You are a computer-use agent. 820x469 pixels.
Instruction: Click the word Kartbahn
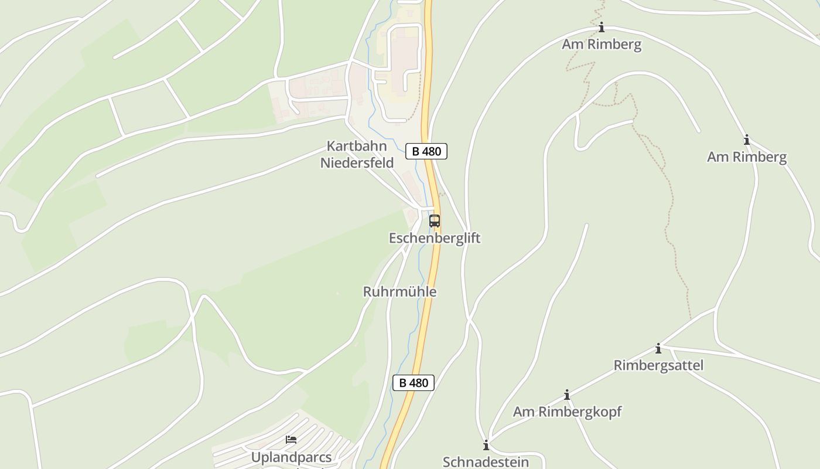tap(357, 146)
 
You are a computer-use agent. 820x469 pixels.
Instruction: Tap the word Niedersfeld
tap(357, 162)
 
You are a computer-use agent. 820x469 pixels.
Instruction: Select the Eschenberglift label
tap(435, 238)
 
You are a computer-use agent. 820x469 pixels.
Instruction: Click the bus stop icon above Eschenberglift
tap(434, 221)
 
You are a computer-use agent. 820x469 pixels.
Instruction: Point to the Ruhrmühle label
tap(399, 291)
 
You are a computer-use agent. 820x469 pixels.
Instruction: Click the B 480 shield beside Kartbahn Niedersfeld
tap(426, 151)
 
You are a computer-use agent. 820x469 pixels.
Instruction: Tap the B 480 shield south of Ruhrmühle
tap(414, 383)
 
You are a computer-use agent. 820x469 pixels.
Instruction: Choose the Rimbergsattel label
tap(658, 365)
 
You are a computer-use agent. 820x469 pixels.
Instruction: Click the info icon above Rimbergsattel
tap(658, 349)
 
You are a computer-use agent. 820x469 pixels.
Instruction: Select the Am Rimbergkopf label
tap(567, 412)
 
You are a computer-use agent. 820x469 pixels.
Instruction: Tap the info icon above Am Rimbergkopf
tap(566, 395)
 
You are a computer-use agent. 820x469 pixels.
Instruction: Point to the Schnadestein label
tap(486, 462)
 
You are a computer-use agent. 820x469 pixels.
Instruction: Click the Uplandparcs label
tap(291, 457)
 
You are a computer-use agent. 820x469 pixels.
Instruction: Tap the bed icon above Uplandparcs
tap(291, 440)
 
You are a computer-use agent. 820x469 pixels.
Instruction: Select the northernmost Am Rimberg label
tap(602, 45)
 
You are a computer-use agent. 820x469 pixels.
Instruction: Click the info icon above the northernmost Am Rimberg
tap(601, 28)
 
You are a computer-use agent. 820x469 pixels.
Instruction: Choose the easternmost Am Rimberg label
tap(747, 157)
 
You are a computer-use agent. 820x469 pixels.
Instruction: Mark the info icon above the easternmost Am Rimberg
tap(747, 140)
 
